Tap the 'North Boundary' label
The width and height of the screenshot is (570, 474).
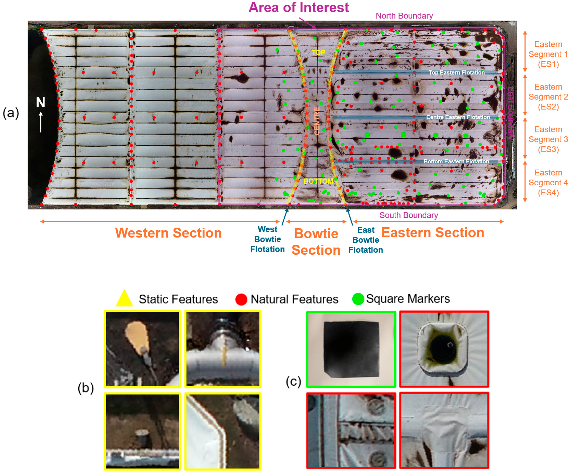coord(404,16)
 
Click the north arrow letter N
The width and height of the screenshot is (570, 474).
coord(41,102)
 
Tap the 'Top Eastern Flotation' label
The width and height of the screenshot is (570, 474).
coord(457,73)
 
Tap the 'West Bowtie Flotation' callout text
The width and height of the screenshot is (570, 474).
coord(267,239)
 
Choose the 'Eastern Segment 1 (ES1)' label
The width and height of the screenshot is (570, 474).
coord(548,54)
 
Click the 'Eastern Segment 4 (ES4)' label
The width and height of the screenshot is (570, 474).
coord(548,182)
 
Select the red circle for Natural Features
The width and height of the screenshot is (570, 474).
coord(241,299)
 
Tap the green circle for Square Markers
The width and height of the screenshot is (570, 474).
coord(358,299)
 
